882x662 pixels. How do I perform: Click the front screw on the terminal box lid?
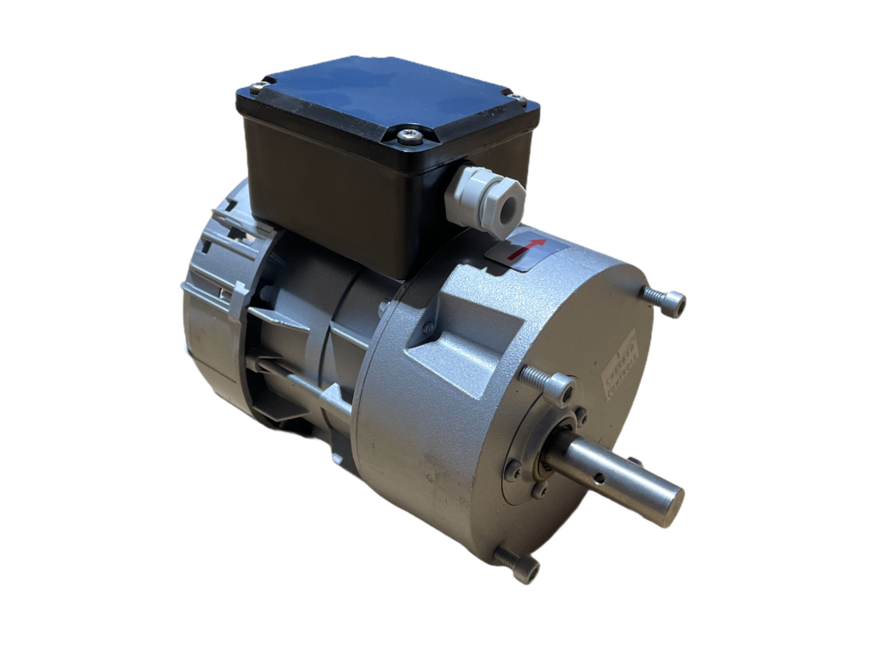(x=411, y=135)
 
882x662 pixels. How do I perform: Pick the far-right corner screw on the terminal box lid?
(x=520, y=98)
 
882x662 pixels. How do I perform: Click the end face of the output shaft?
(x=670, y=507)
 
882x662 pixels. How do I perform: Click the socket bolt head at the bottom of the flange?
(x=525, y=570)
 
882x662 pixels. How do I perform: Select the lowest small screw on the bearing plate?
(x=539, y=493)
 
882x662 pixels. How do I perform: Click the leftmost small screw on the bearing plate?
(x=514, y=471)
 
